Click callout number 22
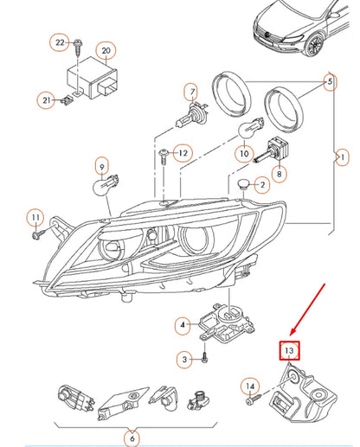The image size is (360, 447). coord(60,42)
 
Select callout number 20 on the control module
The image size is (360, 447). coord(106,52)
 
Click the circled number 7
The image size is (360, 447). coord(191,90)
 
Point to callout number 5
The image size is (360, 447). coord(329,83)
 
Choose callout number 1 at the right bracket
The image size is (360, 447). coord(343,156)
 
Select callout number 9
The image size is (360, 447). coord(102,165)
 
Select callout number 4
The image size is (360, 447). coord(182,326)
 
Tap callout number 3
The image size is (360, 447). coord(183,359)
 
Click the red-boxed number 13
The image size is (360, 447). coord(288,350)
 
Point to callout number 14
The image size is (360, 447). coord(249,386)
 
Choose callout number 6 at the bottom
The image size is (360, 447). coord(132,438)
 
